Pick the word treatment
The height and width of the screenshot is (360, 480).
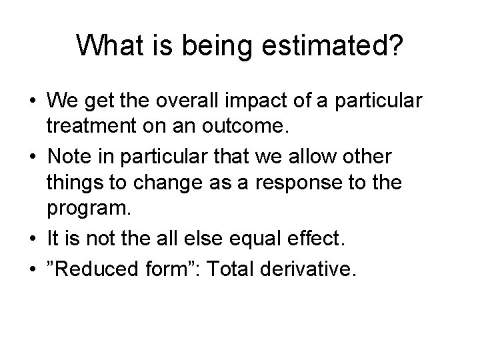(88, 127)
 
